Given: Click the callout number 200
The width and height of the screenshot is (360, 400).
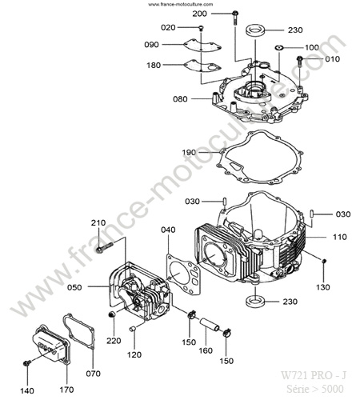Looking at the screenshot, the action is (199, 14).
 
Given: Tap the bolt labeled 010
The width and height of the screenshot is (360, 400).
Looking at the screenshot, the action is (299, 62).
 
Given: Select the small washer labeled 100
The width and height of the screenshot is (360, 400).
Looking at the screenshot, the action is (279, 47).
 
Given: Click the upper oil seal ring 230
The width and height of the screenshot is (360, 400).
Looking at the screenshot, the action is (255, 30).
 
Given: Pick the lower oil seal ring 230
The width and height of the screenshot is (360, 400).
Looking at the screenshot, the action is (255, 301).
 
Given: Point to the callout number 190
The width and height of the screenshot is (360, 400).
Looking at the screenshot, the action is (189, 153).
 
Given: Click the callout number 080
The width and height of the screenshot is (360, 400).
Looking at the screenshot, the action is (180, 99).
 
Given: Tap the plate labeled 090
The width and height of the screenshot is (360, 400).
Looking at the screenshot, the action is (202, 45).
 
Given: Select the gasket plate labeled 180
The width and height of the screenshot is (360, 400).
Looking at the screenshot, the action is (202, 66).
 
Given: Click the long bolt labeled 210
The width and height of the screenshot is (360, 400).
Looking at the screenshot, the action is (105, 247).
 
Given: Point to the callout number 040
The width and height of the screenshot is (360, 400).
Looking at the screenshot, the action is (168, 230).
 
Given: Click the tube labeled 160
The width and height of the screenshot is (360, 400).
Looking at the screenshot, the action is (210, 323).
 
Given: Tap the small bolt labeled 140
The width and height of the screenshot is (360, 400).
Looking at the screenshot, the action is (27, 363).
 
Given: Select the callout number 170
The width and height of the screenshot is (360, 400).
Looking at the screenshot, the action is (66, 390).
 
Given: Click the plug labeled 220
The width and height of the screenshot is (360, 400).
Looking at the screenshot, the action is (112, 314).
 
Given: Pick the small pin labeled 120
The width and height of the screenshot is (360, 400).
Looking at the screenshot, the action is (133, 329).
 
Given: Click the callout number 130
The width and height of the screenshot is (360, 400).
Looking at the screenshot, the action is (323, 287).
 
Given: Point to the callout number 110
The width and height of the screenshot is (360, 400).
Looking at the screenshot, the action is (339, 237).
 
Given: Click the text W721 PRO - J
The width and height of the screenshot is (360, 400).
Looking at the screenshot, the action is (314, 375).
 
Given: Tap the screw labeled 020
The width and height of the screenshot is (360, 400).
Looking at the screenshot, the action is (201, 28).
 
